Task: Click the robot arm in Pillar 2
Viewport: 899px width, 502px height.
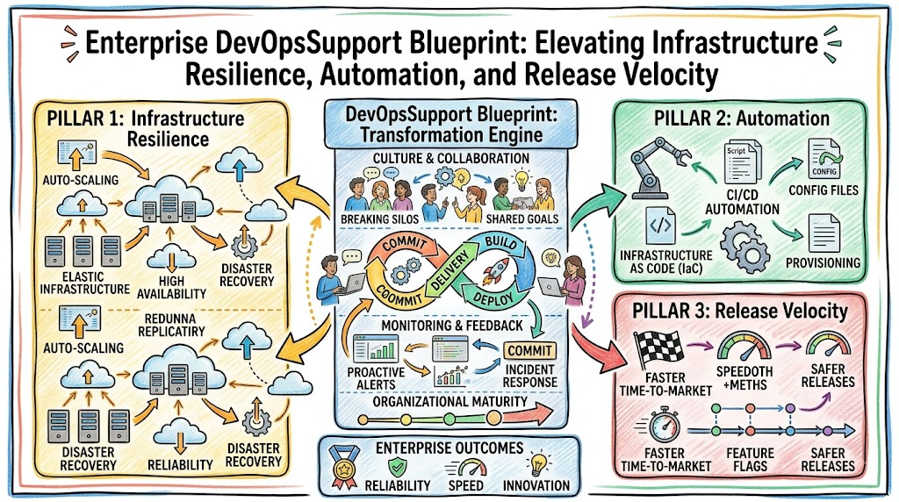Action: tap(657, 168)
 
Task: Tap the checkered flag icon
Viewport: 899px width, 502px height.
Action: tap(658, 348)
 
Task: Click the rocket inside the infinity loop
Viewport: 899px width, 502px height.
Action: tap(497, 271)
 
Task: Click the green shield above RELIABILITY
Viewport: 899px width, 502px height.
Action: tap(398, 467)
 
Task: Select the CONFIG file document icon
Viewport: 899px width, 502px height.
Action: tap(824, 159)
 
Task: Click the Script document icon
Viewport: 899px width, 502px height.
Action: tap(742, 162)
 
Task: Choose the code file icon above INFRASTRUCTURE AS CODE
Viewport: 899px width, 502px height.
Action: tap(660, 226)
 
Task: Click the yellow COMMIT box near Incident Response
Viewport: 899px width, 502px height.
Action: tap(529, 350)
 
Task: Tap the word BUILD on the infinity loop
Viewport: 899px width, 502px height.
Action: tap(500, 243)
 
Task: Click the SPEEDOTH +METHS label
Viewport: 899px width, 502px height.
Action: tap(744, 378)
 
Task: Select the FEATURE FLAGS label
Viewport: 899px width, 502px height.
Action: tap(750, 460)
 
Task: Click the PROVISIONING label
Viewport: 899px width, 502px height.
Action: tap(823, 263)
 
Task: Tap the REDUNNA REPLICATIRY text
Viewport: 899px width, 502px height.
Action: tap(171, 325)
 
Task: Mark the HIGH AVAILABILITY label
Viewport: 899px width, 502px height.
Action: tap(171, 288)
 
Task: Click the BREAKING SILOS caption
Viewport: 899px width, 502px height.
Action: tap(379, 219)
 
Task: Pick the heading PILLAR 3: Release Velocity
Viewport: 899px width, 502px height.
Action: tap(739, 312)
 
